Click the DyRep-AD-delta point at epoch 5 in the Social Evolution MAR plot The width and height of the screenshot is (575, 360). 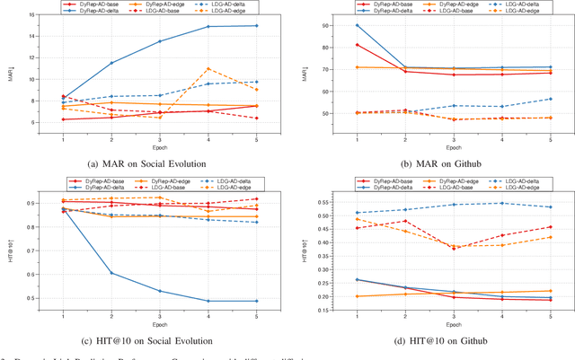coord(257,25)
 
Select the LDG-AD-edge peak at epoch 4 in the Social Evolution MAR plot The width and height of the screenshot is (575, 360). coord(208,68)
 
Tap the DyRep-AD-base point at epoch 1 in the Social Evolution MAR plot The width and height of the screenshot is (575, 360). coord(62,119)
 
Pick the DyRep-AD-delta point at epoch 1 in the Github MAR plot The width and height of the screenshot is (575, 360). coord(358,25)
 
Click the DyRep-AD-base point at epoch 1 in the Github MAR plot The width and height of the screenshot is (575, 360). coord(358,45)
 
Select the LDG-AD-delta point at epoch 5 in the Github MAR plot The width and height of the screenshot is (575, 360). coord(551,99)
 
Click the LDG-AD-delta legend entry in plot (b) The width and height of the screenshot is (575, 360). coord(525,5)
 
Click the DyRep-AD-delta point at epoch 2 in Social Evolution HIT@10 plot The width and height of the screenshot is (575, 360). coord(111,273)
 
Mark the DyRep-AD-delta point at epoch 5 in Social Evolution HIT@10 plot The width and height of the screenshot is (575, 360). coord(257,301)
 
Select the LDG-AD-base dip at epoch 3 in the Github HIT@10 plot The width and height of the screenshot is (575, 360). coord(454,248)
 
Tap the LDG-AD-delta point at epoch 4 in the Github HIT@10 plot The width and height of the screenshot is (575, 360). coord(502,203)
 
